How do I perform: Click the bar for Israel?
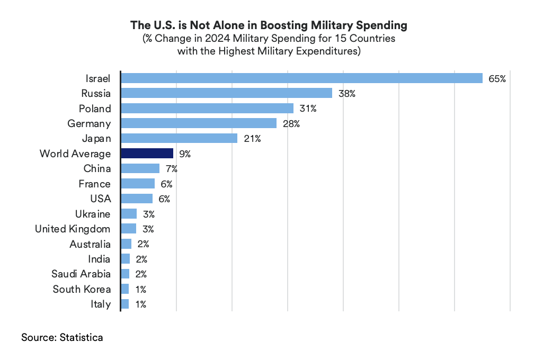(301, 78)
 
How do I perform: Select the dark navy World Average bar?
(147, 154)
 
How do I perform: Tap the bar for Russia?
(226, 93)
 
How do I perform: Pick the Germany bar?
(199, 123)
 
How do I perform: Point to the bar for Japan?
(179, 139)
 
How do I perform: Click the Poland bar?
(207, 109)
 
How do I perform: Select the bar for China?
(140, 169)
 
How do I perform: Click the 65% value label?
(497, 79)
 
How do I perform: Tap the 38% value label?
(346, 94)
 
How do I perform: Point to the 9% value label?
(184, 154)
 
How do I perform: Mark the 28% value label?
(291, 124)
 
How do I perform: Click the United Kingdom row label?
(73, 229)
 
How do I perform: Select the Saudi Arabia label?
(81, 274)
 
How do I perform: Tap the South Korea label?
(82, 290)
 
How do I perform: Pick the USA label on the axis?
(101, 199)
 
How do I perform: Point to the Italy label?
(101, 304)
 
